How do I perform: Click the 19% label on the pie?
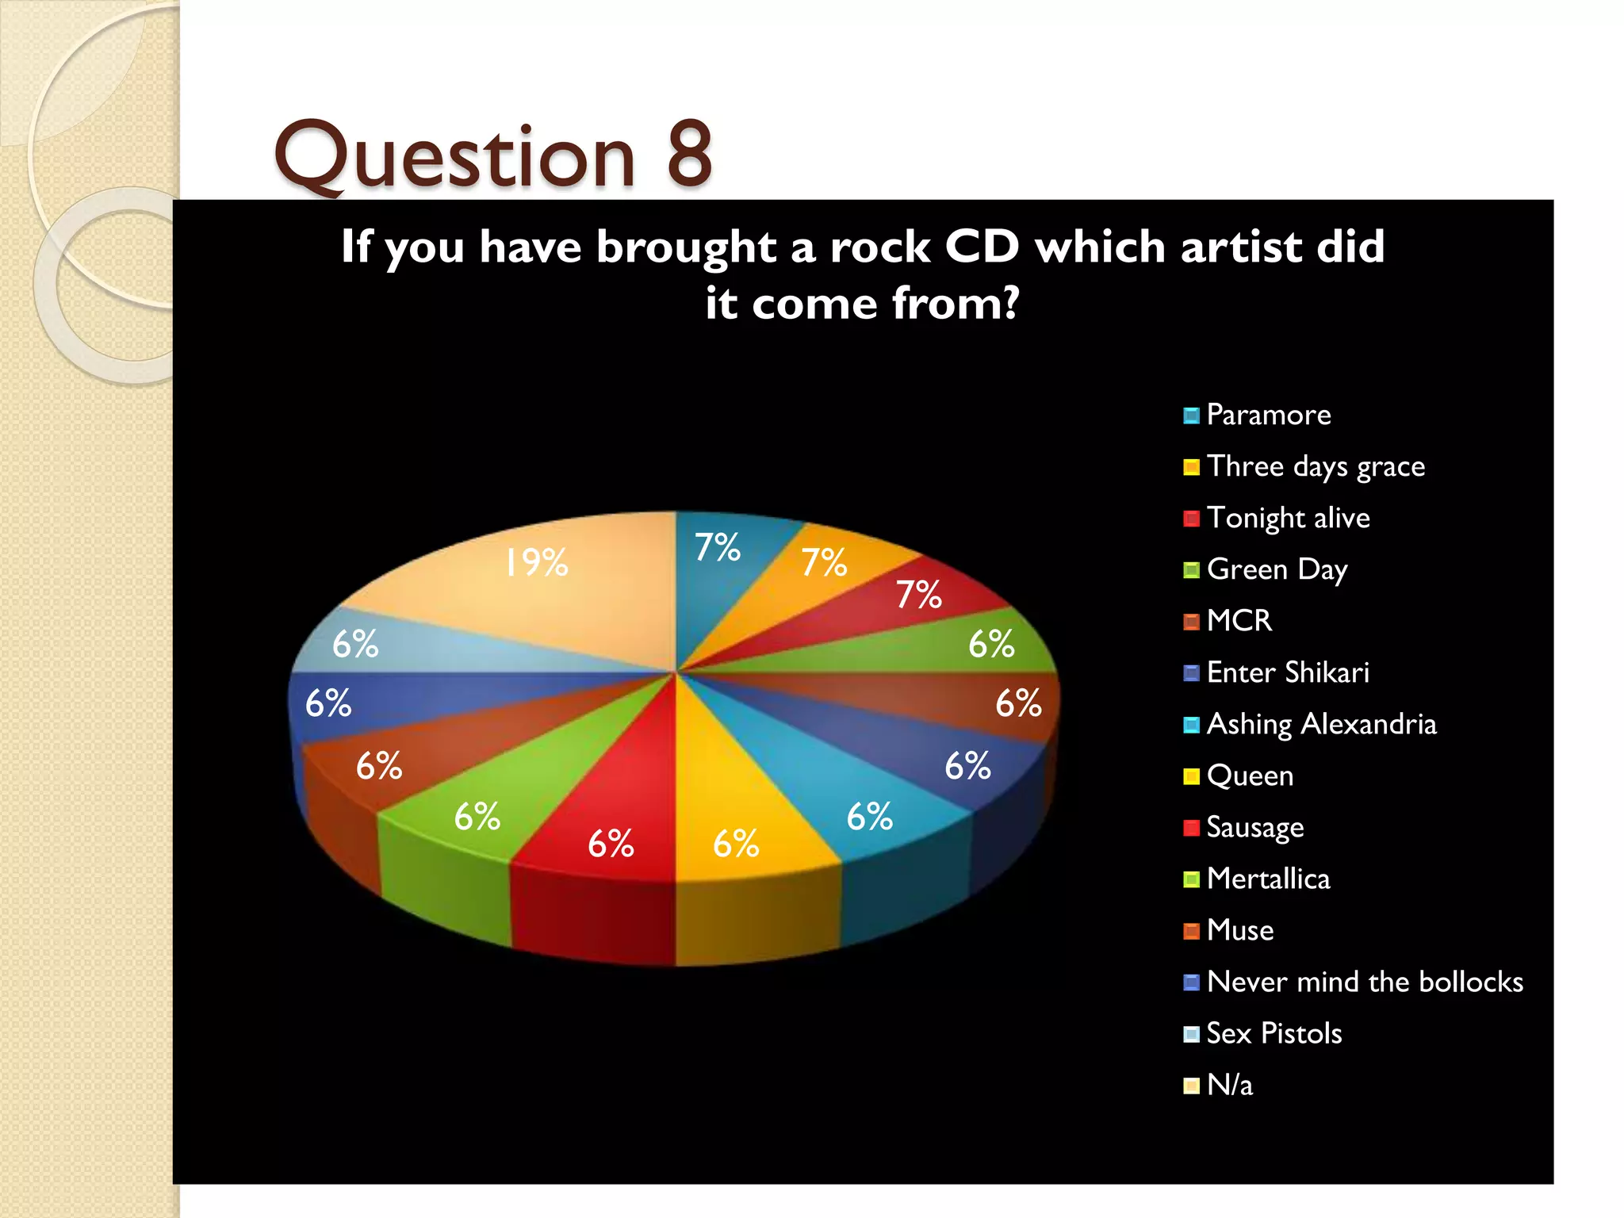[x=537, y=563]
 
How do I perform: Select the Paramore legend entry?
[x=1268, y=415]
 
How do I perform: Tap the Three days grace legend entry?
[x=1315, y=466]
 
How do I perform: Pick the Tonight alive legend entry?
[x=1288, y=518]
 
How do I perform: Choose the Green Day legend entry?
[x=1277, y=569]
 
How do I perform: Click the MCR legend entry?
[x=1239, y=621]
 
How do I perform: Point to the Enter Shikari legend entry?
[x=1287, y=672]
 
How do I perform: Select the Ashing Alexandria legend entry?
[x=1321, y=724]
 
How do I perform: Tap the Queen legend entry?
[x=1250, y=776]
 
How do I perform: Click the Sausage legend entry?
[x=1254, y=827]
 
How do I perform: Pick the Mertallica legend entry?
[x=1268, y=879]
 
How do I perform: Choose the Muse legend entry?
[x=1239, y=930]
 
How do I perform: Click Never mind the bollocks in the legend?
[x=1364, y=982]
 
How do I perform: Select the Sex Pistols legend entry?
[x=1274, y=1033]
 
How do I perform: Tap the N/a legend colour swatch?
[x=1191, y=1086]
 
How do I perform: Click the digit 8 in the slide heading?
[x=689, y=155]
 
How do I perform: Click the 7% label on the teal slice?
[x=717, y=547]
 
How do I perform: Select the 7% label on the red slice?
[x=918, y=595]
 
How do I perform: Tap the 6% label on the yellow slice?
[x=736, y=844]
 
